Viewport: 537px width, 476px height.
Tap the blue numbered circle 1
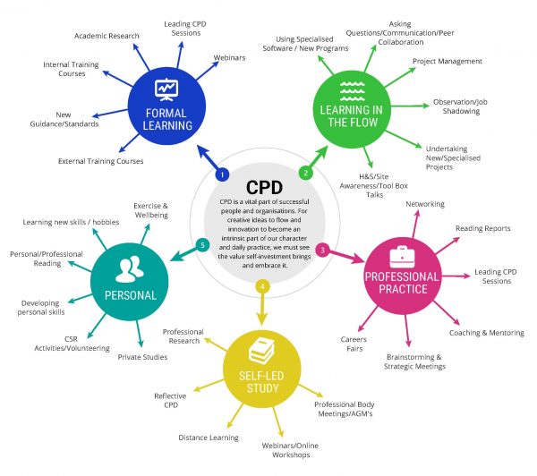coord(223,173)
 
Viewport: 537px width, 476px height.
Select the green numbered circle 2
coord(305,173)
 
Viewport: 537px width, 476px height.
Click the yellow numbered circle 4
coord(262,286)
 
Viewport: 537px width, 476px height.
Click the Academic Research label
coord(107,37)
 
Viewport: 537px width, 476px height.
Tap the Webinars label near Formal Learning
coord(229,58)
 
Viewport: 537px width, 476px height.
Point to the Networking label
coord(424,204)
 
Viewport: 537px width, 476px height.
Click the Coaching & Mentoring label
coord(486,333)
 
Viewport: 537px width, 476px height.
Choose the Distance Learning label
coord(207,438)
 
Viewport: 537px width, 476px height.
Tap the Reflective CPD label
coord(169,400)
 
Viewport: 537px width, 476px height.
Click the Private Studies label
coord(142,357)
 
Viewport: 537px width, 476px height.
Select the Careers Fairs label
coord(353,344)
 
